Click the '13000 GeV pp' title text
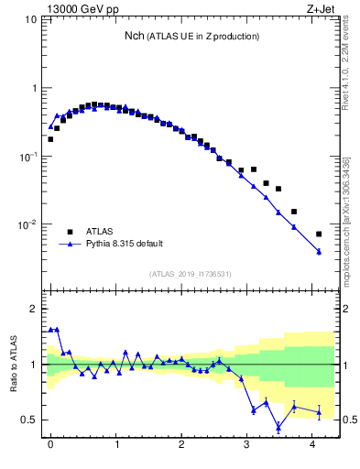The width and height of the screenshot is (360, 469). coord(83,9)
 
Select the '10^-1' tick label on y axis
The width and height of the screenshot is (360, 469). coord(28,157)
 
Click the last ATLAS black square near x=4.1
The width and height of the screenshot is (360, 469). coord(319,234)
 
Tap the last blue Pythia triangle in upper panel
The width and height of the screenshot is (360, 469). coord(319,251)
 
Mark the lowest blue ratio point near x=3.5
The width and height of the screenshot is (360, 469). coord(278,426)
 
